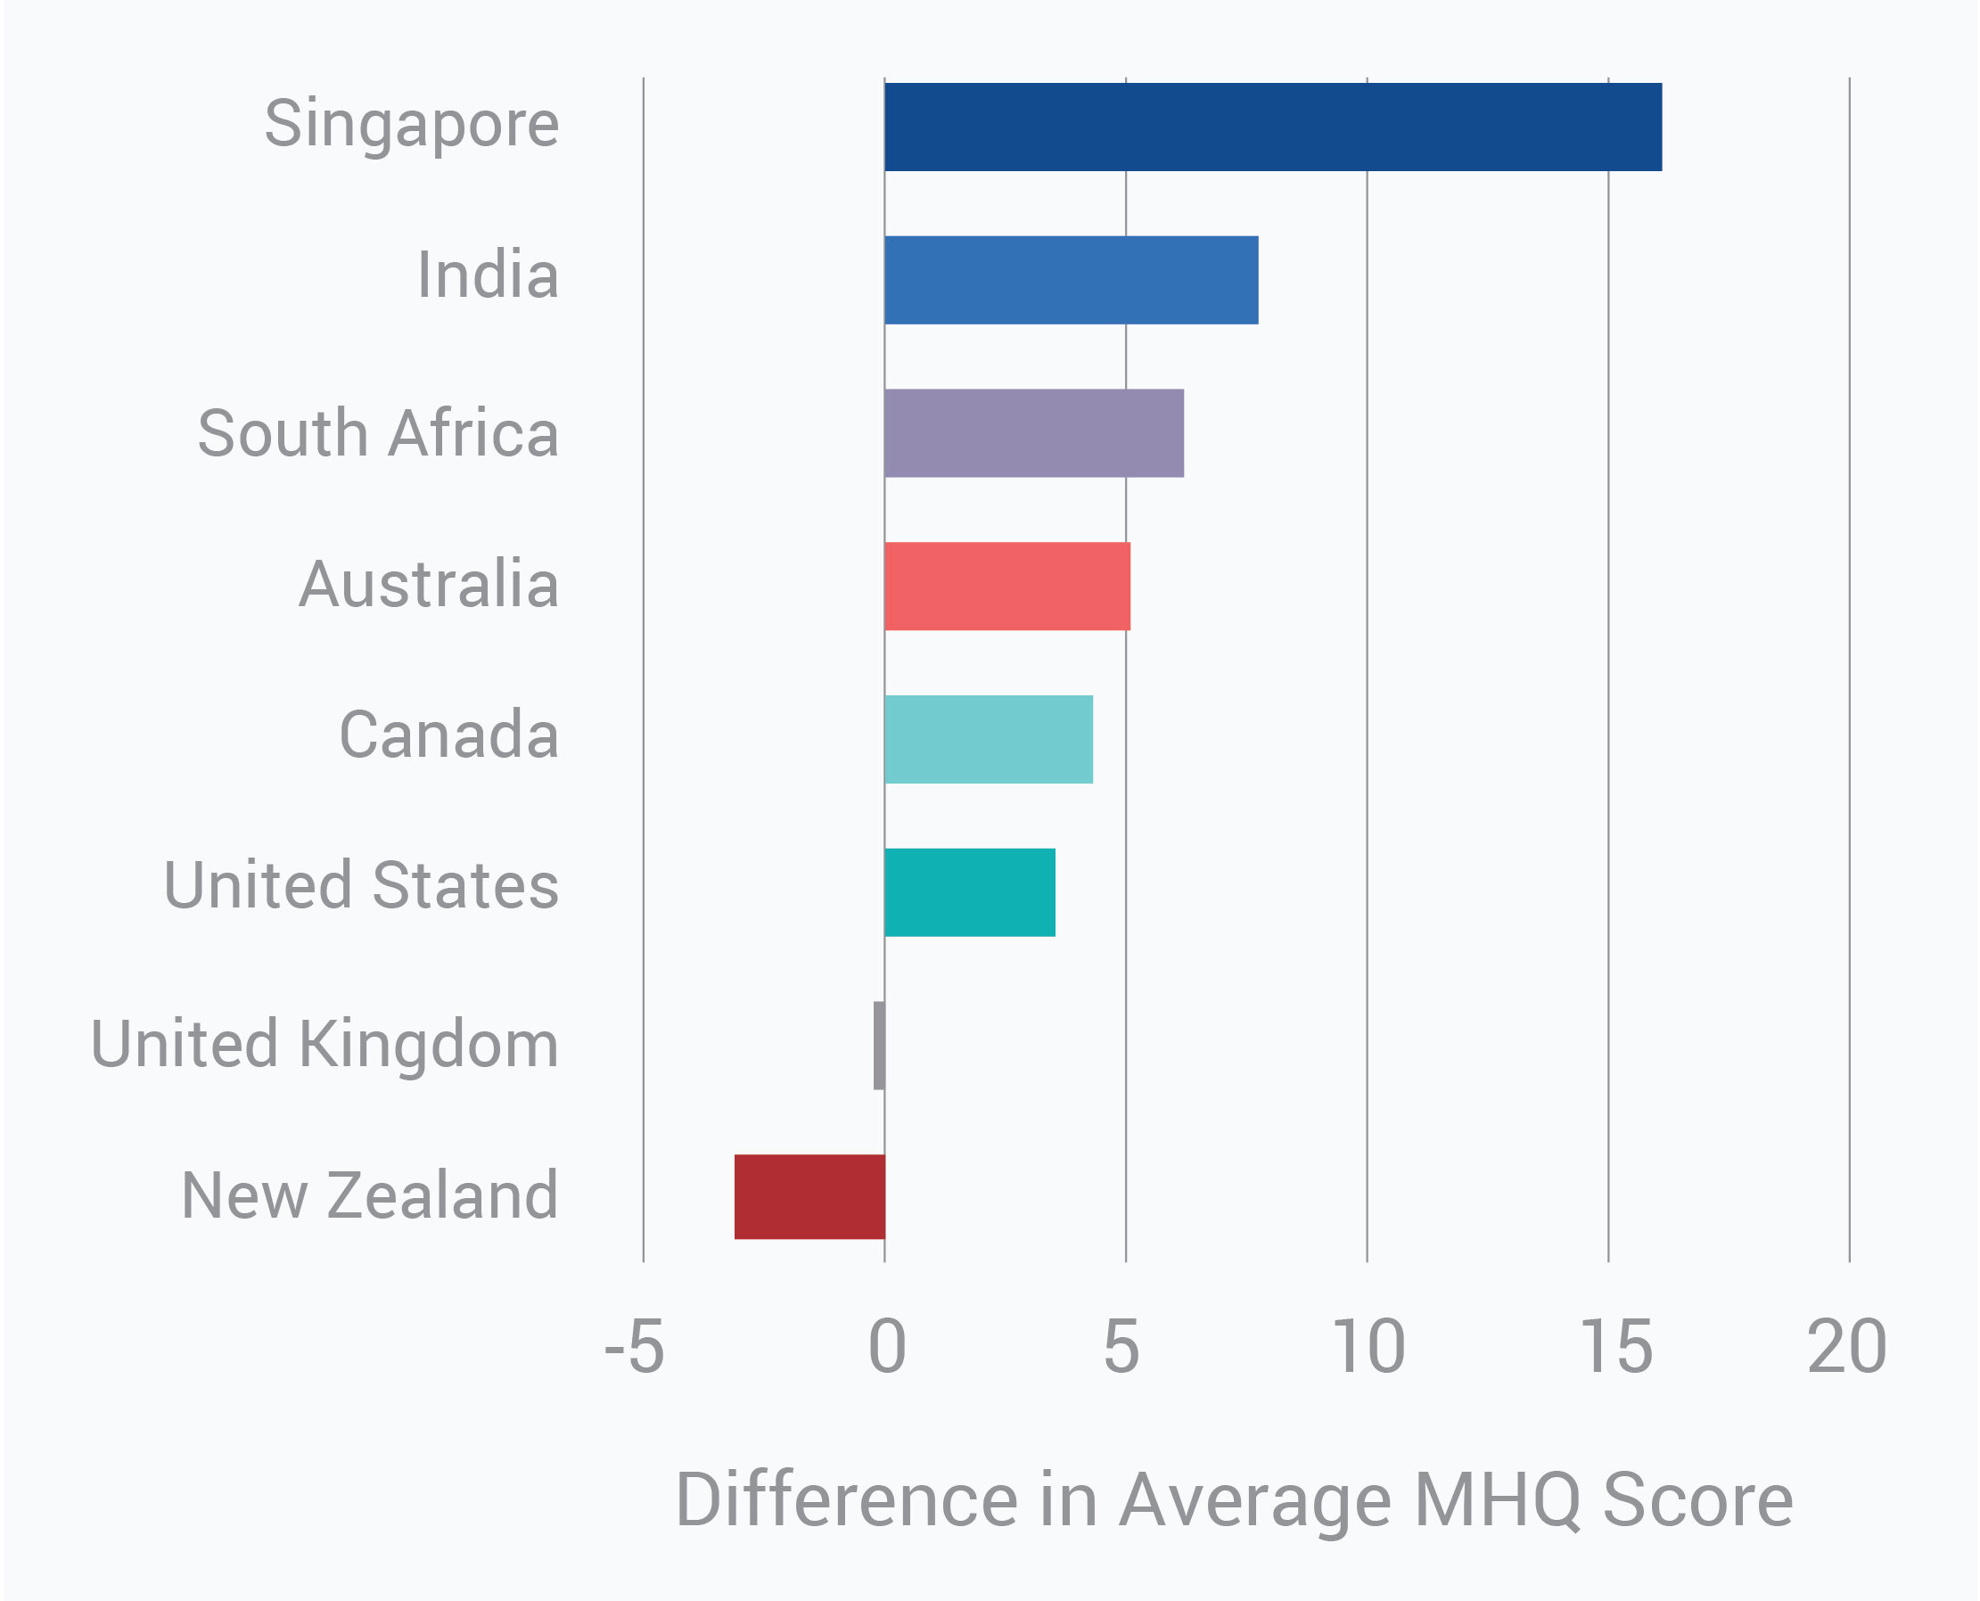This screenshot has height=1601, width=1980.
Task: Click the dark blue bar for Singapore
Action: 1273,127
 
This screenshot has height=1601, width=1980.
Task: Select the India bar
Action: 1071,281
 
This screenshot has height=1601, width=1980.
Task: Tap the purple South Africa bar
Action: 1034,433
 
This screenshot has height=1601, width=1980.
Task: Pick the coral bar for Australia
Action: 1007,587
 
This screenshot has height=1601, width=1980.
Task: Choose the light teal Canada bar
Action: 989,740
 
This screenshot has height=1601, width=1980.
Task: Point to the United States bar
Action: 969,892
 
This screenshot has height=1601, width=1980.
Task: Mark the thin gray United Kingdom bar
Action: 879,1046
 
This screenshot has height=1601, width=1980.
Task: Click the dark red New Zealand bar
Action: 809,1197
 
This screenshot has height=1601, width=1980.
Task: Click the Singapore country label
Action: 411,125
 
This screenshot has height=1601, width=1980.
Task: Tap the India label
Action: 488,275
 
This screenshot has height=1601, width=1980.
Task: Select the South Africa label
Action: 378,432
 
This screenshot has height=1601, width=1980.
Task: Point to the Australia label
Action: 429,585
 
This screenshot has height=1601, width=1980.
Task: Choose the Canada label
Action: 449,735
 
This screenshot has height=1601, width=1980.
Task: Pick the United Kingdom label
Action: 325,1045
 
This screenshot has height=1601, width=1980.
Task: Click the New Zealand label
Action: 370,1196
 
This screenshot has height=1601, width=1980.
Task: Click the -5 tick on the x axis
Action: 635,1347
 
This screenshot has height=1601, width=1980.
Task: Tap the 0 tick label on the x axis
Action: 887,1347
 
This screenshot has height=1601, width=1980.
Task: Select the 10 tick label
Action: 1369,1347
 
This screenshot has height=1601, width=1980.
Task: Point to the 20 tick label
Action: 1847,1347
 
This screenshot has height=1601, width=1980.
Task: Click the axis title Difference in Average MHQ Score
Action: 1234,1500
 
